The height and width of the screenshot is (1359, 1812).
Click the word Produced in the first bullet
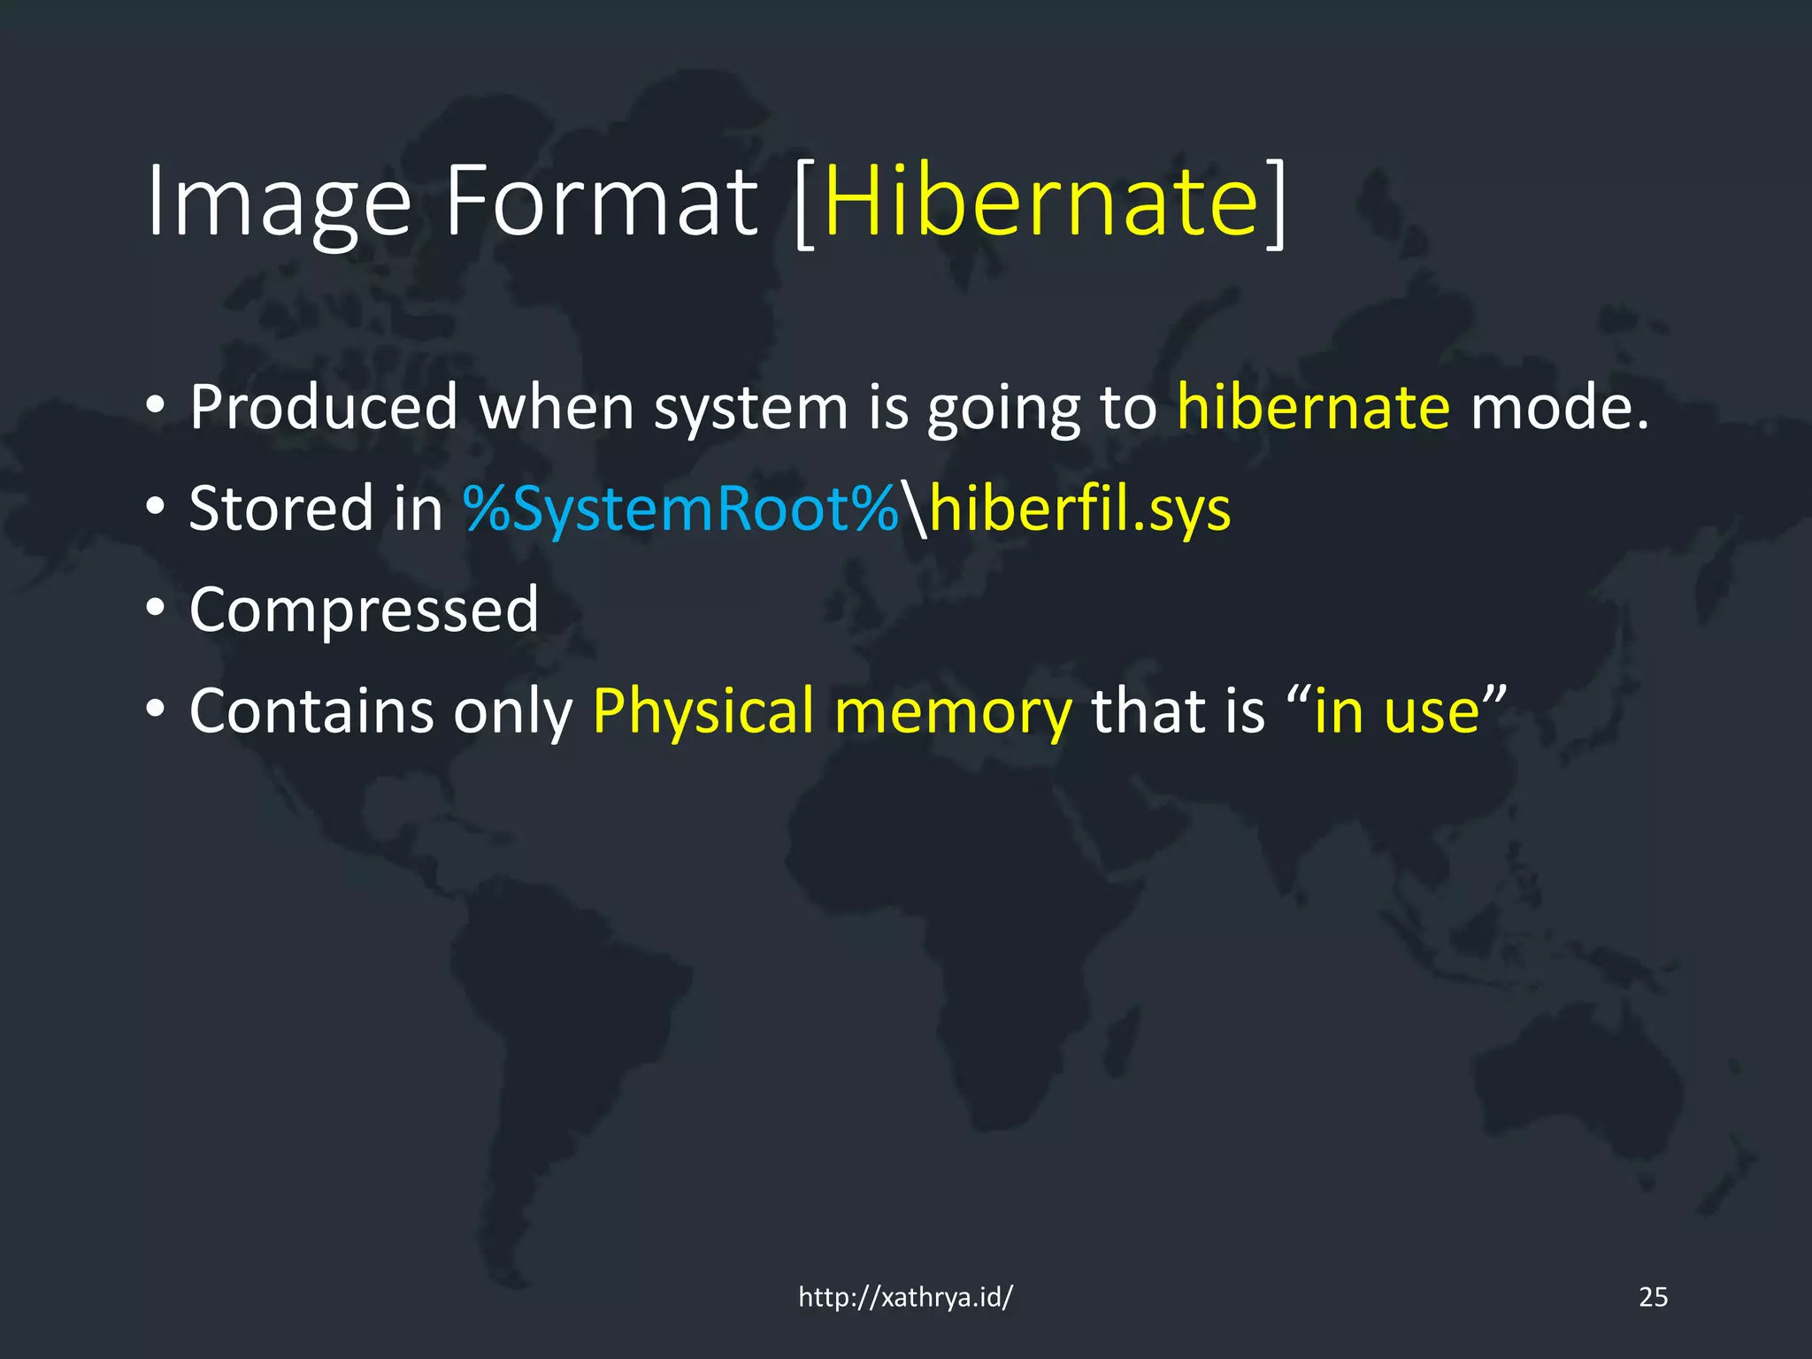[x=324, y=408]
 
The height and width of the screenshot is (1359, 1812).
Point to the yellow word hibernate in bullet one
[x=1313, y=408]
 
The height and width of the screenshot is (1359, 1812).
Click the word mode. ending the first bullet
[x=1559, y=408]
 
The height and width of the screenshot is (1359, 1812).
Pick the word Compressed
[x=364, y=610]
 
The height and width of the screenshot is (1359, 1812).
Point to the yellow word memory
[x=953, y=712]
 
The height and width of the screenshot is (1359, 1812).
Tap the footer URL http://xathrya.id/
[x=905, y=1297]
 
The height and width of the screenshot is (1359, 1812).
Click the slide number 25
[x=1653, y=1297]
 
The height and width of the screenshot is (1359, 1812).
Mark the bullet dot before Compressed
[x=156, y=609]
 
